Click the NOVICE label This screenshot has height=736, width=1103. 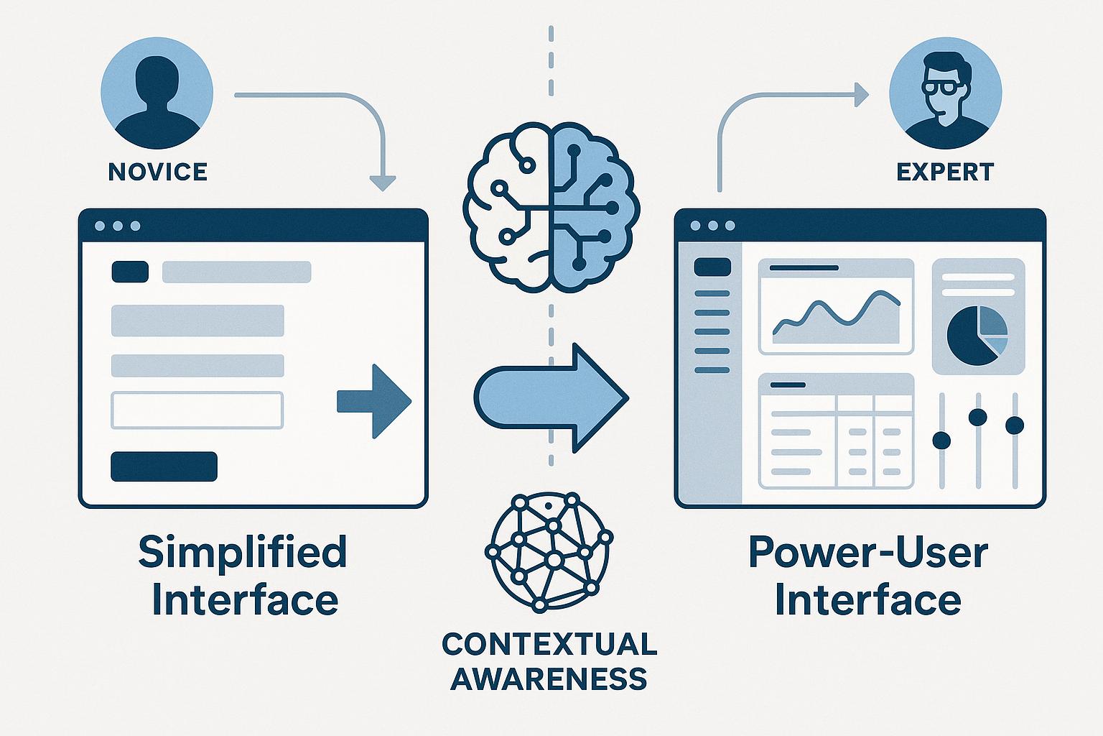pyautogui.click(x=157, y=172)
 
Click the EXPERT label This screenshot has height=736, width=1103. pyautogui.click(x=945, y=172)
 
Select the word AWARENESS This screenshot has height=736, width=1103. pyautogui.click(x=549, y=678)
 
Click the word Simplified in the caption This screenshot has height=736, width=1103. pyautogui.click(x=242, y=552)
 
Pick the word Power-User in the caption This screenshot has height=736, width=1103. pyautogui.click(x=868, y=552)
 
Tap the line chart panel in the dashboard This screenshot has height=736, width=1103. pyautogui.click(x=836, y=307)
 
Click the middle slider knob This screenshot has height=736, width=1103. pyautogui.click(x=977, y=417)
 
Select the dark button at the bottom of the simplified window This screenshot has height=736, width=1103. pyautogui.click(x=164, y=466)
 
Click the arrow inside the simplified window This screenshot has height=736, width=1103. pyautogui.click(x=375, y=401)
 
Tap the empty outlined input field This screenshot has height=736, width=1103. pyautogui.click(x=197, y=410)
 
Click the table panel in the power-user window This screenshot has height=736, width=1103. pyautogui.click(x=836, y=431)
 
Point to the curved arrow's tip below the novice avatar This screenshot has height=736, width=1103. pyautogui.click(x=385, y=183)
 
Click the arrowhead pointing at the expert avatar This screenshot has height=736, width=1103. pyautogui.click(x=860, y=94)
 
